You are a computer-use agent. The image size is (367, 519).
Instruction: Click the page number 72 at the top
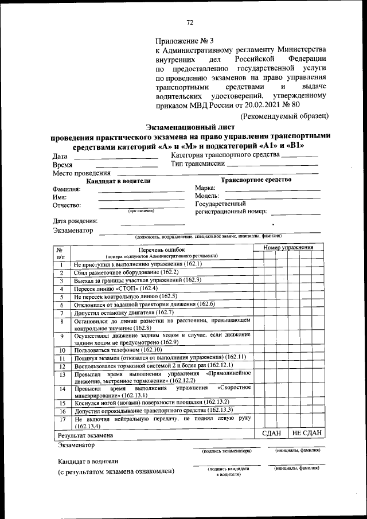pos(189,22)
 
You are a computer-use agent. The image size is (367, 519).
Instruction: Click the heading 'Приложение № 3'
pos(184,41)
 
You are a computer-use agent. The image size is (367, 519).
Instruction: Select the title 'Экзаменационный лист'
pos(190,127)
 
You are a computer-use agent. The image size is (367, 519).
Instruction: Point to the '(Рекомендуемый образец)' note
pos(284,116)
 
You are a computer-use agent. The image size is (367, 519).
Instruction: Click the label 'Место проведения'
pos(81,173)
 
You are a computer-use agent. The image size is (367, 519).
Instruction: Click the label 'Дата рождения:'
pos(75,221)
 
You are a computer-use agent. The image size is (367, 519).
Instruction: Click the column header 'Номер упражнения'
pos(288,247)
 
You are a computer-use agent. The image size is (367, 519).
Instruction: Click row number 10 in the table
pos(62,350)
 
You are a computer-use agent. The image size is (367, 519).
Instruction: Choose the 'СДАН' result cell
pos(271,433)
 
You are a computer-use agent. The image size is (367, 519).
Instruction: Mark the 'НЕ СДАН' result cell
pos(306,433)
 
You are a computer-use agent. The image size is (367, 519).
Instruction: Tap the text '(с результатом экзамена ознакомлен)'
pos(115,471)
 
